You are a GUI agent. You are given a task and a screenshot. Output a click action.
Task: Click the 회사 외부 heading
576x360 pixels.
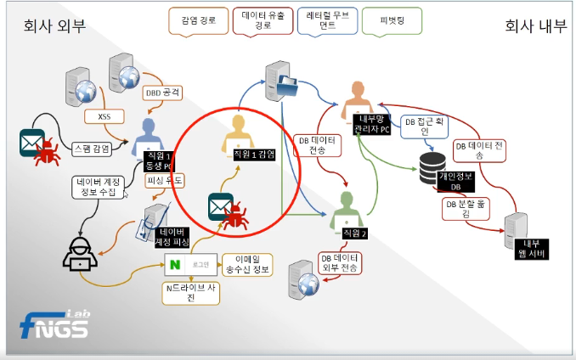(x=54, y=25)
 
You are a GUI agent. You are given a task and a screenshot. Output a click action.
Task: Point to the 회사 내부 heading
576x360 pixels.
(x=535, y=25)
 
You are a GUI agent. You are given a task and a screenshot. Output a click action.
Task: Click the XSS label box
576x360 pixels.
(x=104, y=115)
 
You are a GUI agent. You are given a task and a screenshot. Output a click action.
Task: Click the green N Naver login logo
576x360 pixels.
(x=175, y=265)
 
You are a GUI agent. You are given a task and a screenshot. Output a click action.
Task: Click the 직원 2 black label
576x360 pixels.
(x=351, y=232)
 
